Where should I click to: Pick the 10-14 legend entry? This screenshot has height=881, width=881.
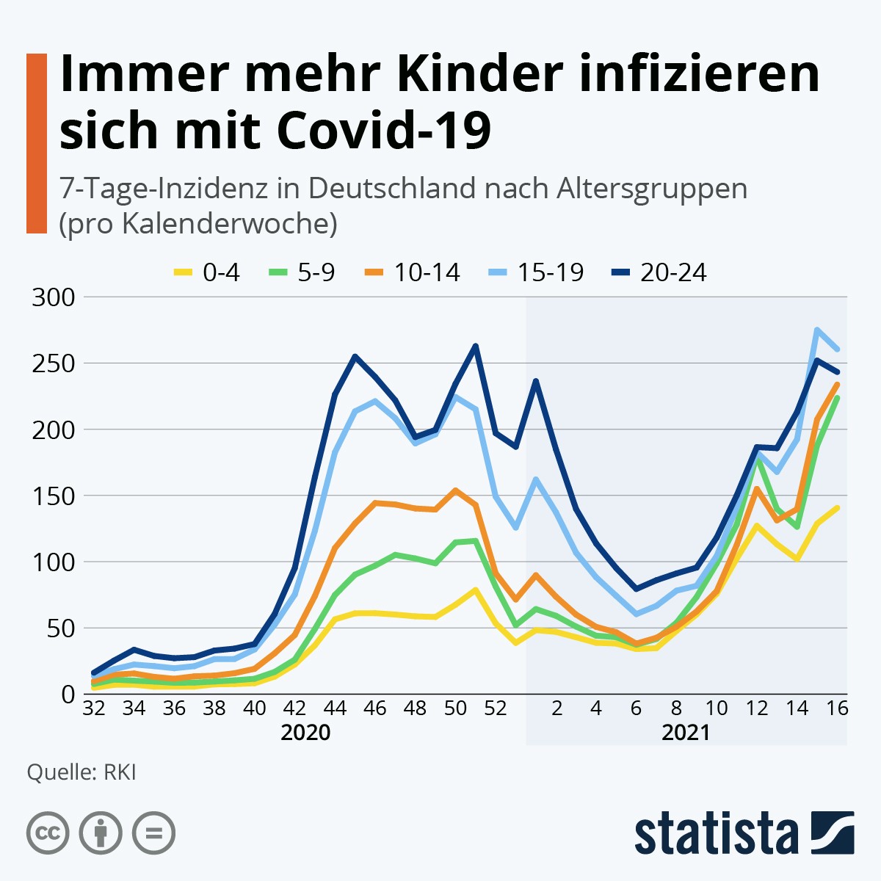(x=413, y=272)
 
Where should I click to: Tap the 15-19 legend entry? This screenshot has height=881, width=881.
(x=537, y=272)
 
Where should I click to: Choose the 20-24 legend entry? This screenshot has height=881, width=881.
(x=659, y=272)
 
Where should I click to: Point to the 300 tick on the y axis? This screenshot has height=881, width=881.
(x=54, y=297)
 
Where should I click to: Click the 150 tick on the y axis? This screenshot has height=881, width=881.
(x=54, y=496)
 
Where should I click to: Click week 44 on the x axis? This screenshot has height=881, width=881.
(x=335, y=708)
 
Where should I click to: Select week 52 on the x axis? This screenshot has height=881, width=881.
(x=496, y=708)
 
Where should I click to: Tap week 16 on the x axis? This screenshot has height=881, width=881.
(x=837, y=708)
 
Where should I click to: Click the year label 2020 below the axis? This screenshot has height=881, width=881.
(x=305, y=732)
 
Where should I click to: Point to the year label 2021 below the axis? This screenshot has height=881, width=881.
(x=686, y=732)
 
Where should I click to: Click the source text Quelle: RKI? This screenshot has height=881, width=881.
(x=81, y=772)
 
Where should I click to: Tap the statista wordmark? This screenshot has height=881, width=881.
(x=717, y=833)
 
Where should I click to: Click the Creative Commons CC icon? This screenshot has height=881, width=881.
(x=48, y=833)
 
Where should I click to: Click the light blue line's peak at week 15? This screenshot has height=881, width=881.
(x=817, y=330)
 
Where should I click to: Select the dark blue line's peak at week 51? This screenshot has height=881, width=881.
(x=476, y=346)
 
